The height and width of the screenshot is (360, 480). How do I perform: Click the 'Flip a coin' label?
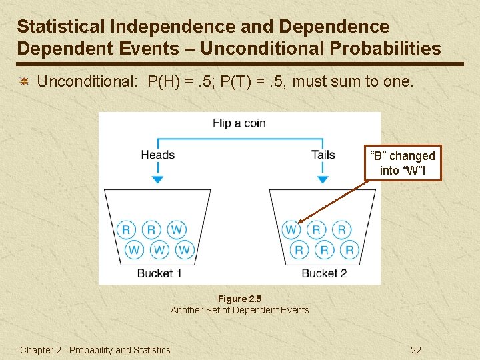[x=239, y=123]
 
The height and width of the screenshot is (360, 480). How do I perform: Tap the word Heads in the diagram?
[x=157, y=155]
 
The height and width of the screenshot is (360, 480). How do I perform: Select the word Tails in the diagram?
[x=323, y=155]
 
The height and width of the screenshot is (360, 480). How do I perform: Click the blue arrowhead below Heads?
[x=157, y=179]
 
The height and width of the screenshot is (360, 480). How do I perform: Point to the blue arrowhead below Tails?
[x=323, y=179]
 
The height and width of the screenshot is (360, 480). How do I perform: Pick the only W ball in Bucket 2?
[x=291, y=230]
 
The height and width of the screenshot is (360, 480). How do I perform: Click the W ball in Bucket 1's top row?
[x=176, y=230]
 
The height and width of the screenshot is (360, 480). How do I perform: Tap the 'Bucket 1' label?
[x=159, y=273]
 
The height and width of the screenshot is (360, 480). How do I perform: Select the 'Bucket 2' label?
[x=324, y=273]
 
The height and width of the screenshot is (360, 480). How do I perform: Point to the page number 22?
[x=416, y=350]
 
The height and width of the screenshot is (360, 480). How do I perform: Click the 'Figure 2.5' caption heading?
[x=239, y=299]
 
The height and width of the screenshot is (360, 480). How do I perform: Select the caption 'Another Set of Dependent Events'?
[x=239, y=310]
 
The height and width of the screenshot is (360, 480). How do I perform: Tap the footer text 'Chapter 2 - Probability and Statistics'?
[x=95, y=350]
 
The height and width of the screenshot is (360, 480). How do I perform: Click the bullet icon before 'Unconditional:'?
[x=24, y=82]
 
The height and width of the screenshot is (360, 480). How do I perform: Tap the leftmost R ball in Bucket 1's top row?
[x=126, y=230]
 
